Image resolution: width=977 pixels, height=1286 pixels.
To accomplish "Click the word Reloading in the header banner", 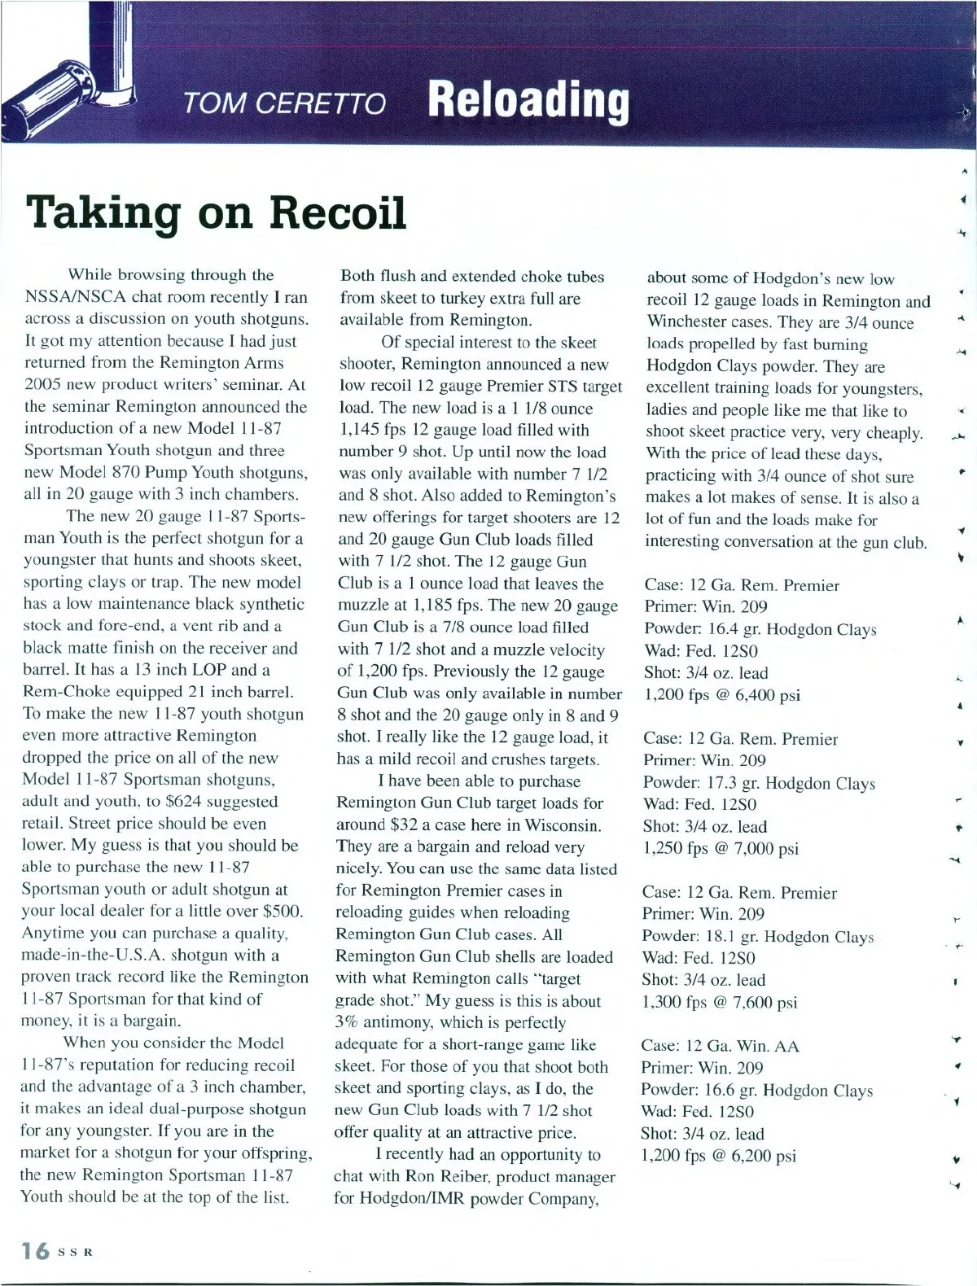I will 528,101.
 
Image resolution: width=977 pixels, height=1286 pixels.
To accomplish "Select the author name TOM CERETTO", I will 284,103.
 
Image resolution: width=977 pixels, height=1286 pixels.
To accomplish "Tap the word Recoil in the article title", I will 338,212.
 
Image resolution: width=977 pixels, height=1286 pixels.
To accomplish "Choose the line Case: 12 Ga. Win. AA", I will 720,1046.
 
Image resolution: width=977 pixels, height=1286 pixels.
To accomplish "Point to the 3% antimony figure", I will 348,1023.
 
